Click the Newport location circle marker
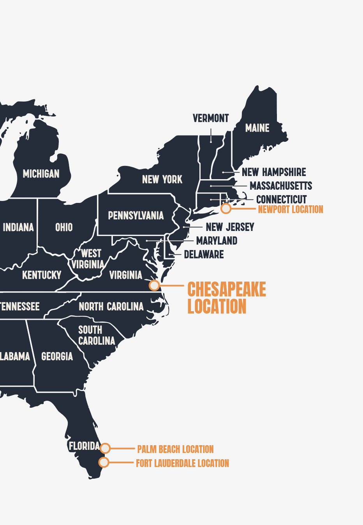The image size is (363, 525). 226,208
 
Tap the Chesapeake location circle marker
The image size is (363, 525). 155,285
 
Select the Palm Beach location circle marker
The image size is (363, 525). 105,448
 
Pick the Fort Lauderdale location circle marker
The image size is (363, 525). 104,462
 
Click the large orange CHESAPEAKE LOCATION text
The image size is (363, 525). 226,298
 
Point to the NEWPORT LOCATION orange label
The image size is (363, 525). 291,210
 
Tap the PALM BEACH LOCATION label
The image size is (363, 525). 175,449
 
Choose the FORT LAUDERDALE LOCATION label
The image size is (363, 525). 182,463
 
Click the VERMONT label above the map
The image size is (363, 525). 211,118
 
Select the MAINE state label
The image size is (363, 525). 257,128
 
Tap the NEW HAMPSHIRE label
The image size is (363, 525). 274,172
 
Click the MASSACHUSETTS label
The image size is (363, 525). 281,186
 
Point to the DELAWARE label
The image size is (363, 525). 204,255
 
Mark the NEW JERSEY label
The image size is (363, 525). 230,227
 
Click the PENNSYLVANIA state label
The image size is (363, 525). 136,215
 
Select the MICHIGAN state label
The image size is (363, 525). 41,174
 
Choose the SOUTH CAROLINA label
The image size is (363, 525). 96,335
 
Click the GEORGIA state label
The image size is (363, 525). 57,356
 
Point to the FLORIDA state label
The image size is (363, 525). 84,446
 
